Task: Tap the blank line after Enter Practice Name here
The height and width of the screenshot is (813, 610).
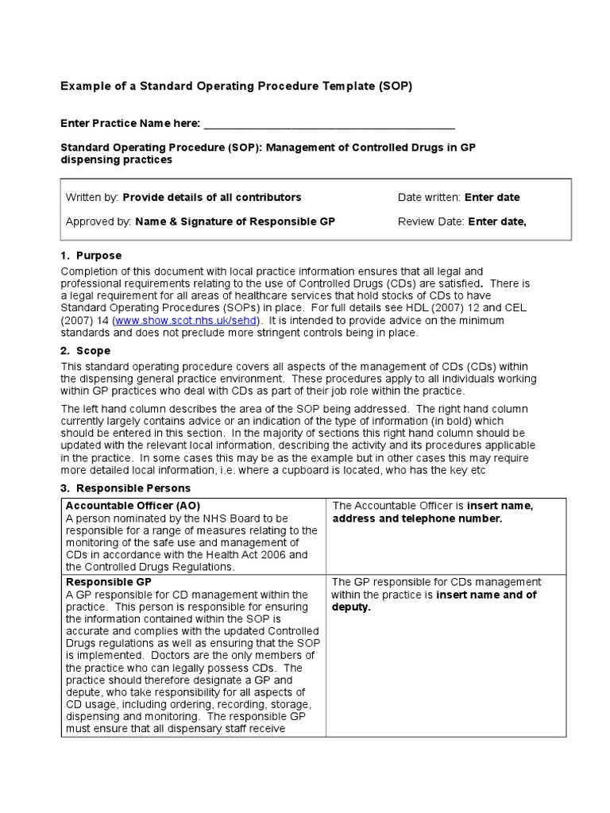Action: pyautogui.click(x=330, y=124)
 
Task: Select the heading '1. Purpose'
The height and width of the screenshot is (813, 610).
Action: pyautogui.click(x=91, y=256)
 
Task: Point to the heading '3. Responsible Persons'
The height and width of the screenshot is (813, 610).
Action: pyautogui.click(x=125, y=488)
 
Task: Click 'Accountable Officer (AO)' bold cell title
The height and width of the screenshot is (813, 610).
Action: pyautogui.click(x=133, y=506)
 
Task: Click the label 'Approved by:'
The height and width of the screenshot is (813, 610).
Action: pyautogui.click(x=98, y=222)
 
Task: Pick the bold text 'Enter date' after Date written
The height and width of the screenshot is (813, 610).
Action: pyautogui.click(x=492, y=198)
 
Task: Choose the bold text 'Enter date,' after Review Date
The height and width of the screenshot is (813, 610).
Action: pyautogui.click(x=497, y=222)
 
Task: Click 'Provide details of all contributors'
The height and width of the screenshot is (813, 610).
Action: pyautogui.click(x=212, y=198)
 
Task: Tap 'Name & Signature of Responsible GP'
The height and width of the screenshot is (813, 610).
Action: pyautogui.click(x=235, y=222)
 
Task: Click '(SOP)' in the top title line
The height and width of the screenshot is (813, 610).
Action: pyautogui.click(x=395, y=86)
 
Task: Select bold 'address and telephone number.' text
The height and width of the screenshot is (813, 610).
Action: pyautogui.click(x=417, y=518)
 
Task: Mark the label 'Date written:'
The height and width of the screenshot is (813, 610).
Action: pyautogui.click(x=429, y=198)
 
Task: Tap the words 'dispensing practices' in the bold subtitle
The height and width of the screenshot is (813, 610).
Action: pyautogui.click(x=117, y=160)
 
